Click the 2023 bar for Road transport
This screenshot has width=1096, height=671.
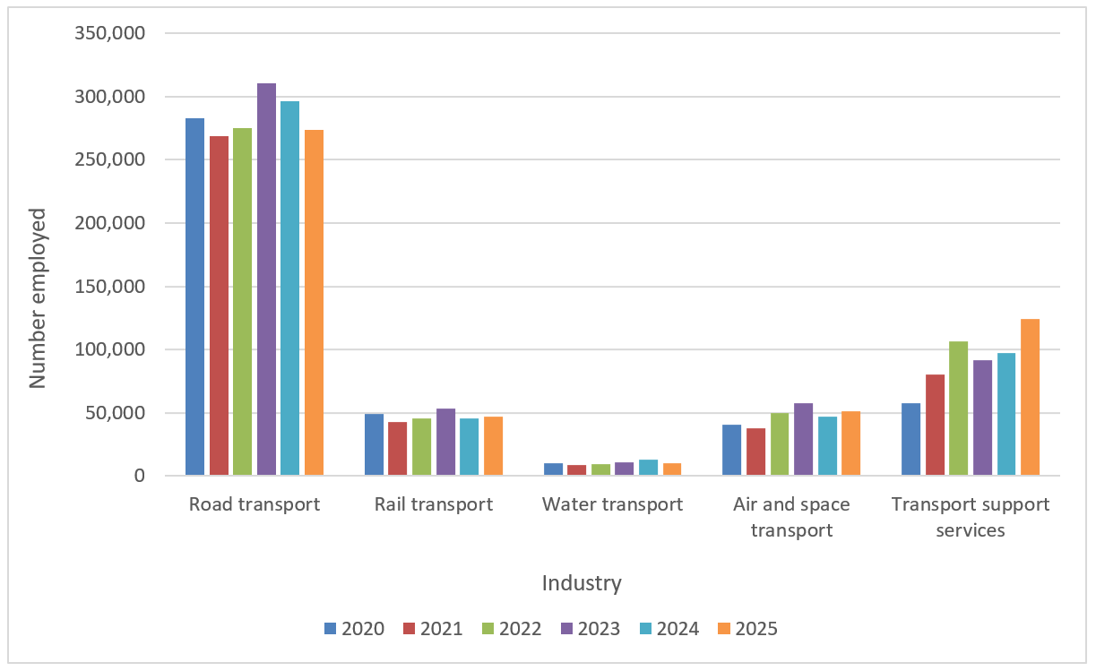(266, 279)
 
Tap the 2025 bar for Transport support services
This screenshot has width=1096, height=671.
(1030, 397)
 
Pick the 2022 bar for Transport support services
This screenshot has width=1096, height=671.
(959, 409)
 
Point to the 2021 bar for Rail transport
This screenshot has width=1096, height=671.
(397, 448)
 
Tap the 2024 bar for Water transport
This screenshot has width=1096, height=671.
(648, 467)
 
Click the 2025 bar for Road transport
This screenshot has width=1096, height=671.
(314, 303)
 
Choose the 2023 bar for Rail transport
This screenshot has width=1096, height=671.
(445, 442)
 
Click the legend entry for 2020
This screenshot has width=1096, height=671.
(355, 628)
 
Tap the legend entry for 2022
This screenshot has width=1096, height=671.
(513, 628)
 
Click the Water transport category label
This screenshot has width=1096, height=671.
(612, 504)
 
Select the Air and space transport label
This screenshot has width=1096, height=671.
(791, 517)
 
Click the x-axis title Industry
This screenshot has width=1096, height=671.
(582, 583)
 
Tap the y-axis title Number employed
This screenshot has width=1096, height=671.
(38, 298)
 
